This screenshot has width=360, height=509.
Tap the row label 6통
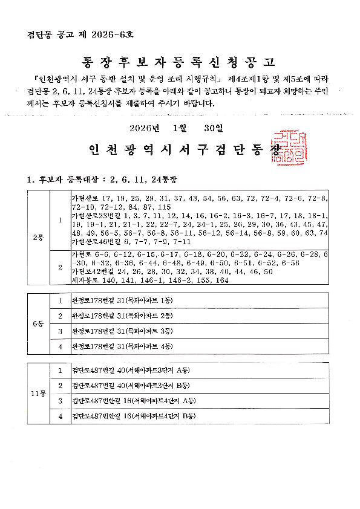tap(38, 323)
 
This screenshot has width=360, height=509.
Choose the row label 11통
tap(38, 394)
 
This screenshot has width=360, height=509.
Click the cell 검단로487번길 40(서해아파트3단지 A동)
tap(131, 371)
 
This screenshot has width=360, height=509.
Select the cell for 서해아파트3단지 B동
tap(131, 386)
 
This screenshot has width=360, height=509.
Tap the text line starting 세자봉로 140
tap(149, 280)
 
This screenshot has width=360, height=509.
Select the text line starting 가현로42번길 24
tap(172, 272)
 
